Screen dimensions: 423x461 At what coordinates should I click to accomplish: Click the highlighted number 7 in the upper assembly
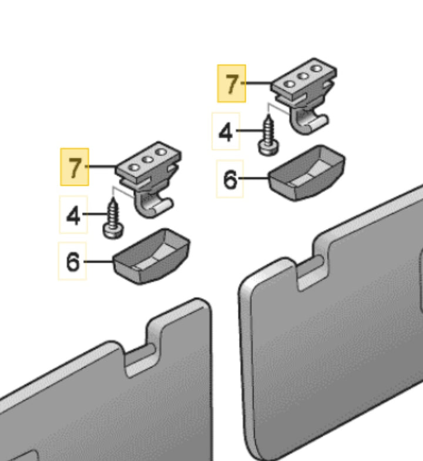click(231, 83)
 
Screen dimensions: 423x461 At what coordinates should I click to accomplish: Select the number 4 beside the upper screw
click(226, 132)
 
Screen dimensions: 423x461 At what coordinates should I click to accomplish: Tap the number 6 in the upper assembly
click(230, 179)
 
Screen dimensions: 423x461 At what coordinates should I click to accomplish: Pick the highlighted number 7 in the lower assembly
click(75, 167)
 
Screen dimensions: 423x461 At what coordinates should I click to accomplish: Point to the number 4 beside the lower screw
click(73, 215)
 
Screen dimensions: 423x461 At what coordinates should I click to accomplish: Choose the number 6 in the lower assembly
click(73, 261)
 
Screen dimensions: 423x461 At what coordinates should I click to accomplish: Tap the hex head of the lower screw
click(113, 231)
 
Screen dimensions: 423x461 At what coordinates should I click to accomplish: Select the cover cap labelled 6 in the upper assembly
click(307, 173)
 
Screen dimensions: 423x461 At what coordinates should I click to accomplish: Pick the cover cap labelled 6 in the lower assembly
click(152, 256)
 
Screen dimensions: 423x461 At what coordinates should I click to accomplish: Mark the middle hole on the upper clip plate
click(303, 76)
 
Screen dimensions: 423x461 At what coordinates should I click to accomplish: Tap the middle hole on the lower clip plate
click(147, 160)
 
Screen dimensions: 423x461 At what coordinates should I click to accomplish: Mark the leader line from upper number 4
click(250, 131)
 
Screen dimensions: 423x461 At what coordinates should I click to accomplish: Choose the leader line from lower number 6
click(99, 261)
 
